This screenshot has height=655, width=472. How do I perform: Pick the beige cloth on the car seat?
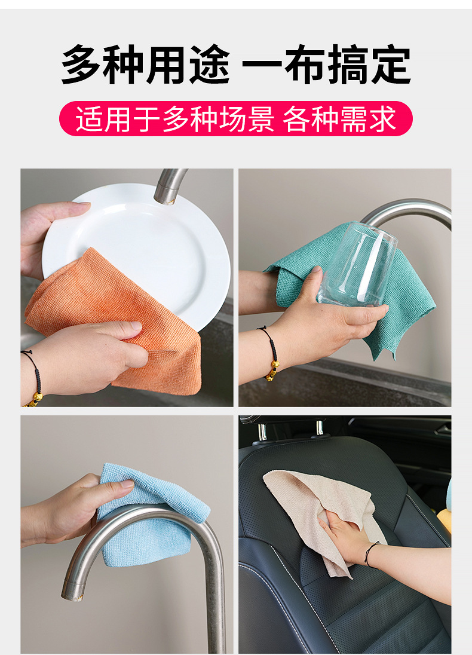click(x=299, y=496)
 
